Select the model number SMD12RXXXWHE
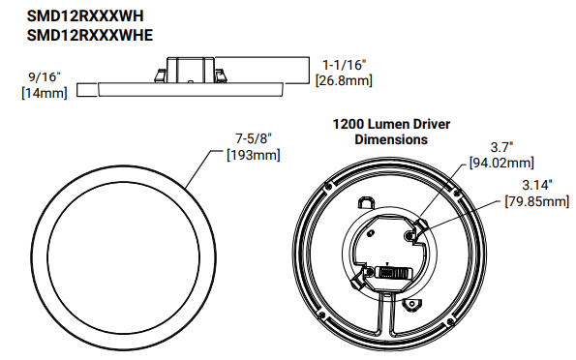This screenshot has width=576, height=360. coord(83,37)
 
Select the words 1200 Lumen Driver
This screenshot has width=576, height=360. coord(391,125)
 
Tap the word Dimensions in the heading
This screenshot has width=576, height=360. coord(391,139)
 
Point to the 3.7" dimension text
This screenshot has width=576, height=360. coord(500,147)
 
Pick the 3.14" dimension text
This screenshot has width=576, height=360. coord(536,185)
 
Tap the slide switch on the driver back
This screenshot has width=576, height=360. coord(391,274)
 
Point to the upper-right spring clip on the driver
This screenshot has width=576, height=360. coord(414,233)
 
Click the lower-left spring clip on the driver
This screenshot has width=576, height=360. coord(370,277)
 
